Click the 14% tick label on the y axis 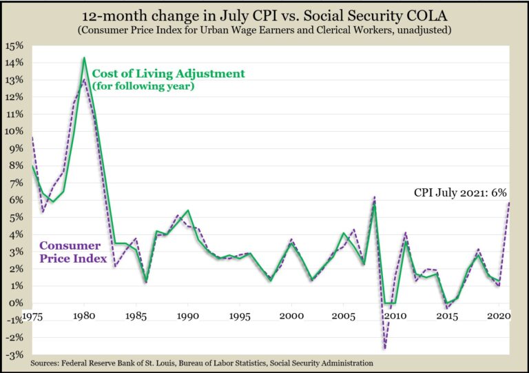coord(14,63)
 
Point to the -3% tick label coord(14,354)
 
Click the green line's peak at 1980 coord(84,58)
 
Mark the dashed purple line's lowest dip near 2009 coord(384,348)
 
